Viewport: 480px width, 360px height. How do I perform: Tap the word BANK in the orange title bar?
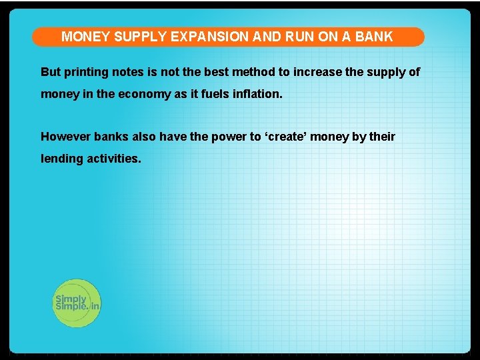click(374, 37)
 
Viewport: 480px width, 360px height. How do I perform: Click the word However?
click(65, 137)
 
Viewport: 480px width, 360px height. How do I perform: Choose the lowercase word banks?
click(111, 137)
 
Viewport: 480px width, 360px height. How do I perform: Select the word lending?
click(62, 159)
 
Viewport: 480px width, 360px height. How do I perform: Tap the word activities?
click(114, 159)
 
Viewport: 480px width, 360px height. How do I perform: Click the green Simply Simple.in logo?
click(77, 303)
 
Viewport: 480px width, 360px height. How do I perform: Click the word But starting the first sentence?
click(51, 72)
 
